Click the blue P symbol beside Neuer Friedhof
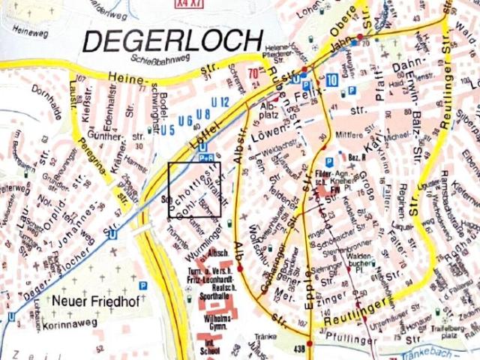pyautogui.click(x=142, y=285)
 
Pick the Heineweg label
pyautogui.click(x=30, y=32)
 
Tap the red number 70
pyautogui.click(x=253, y=73)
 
